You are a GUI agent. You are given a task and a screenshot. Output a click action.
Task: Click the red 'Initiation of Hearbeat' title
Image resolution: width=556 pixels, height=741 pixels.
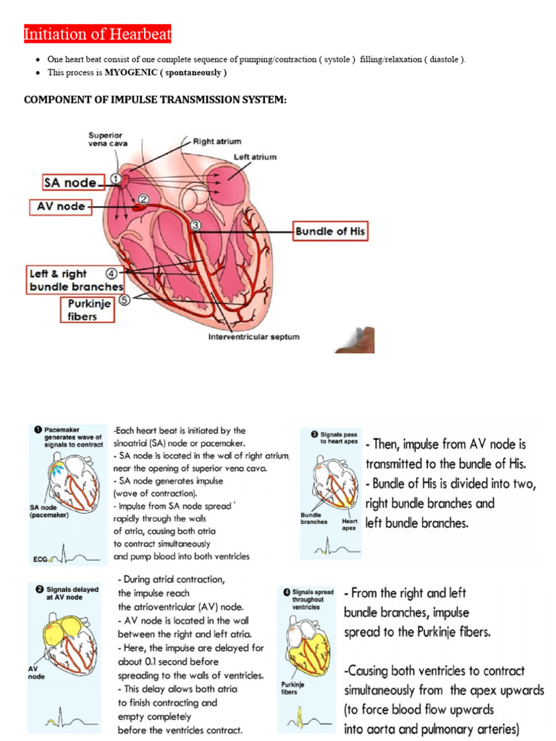[98, 34]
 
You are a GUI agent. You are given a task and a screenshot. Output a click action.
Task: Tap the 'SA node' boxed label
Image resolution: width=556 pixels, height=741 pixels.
[70, 183]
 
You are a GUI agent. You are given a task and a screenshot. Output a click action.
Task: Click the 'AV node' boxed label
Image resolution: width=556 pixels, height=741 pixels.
[61, 207]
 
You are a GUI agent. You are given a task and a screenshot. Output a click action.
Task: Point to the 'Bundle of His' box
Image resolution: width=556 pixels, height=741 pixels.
[330, 232]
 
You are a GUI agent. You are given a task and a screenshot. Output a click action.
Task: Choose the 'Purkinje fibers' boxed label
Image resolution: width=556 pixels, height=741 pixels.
[85, 310]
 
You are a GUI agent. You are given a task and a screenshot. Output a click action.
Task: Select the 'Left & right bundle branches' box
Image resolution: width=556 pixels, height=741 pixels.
[75, 279]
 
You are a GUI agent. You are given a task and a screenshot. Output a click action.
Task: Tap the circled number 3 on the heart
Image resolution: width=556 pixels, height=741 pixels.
[195, 226]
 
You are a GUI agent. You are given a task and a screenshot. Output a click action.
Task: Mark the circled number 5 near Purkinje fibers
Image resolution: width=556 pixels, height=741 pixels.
[124, 300]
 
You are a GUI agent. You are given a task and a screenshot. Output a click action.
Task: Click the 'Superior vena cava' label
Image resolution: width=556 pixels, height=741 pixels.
[106, 139]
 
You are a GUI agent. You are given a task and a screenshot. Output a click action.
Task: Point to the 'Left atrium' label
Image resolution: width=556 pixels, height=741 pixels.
[254, 157]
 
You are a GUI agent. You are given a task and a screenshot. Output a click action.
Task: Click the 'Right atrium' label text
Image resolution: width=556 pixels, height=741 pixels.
[218, 141]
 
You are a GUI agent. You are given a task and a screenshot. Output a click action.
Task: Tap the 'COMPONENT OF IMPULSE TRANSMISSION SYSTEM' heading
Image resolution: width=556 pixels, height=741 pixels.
[155, 99]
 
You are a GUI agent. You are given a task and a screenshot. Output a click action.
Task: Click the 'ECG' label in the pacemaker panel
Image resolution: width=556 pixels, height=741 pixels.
[41, 559]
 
